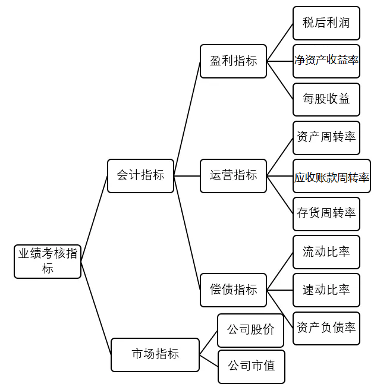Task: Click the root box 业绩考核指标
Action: (x=48, y=261)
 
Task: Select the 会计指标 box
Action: (x=140, y=176)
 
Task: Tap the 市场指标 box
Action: (x=155, y=354)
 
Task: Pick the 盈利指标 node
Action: (x=233, y=61)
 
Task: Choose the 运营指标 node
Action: (x=233, y=175)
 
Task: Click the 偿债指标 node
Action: (x=233, y=290)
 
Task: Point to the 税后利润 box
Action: (x=326, y=23)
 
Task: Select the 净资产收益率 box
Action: (x=326, y=61)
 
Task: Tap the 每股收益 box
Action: (x=326, y=99)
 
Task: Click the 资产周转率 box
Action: (x=326, y=137)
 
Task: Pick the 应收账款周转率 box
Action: (x=331, y=176)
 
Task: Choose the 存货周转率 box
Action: (x=326, y=213)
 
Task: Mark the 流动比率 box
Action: (x=326, y=252)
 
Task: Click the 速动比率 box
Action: (x=326, y=290)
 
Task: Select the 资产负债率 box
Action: (x=326, y=328)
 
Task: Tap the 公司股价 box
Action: (x=250, y=330)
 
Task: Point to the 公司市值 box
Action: (x=251, y=366)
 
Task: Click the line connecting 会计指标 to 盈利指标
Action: (x=187, y=119)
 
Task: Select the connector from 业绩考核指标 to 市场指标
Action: (x=96, y=307)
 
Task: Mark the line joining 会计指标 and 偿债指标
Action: (x=187, y=232)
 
